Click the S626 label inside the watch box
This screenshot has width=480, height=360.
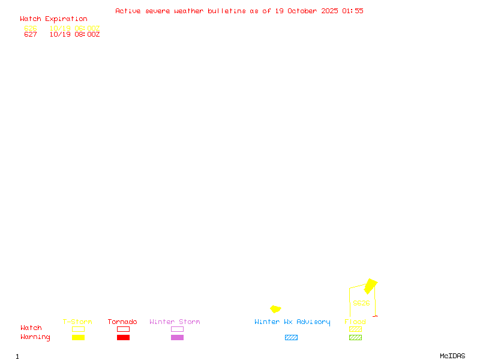[361, 303]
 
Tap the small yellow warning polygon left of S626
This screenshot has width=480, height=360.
[275, 309]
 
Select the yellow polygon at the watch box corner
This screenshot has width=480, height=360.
[371, 286]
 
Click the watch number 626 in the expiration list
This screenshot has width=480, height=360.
[31, 28]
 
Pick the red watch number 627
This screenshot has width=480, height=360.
[31, 34]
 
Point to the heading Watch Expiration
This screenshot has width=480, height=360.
[53, 19]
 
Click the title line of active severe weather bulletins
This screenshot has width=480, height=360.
[239, 11]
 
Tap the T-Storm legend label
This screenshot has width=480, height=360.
[77, 322]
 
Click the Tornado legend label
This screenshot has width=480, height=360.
[122, 322]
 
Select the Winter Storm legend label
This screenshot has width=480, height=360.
[175, 322]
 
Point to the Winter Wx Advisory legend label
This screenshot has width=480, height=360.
[292, 322]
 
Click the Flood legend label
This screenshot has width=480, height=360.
[355, 322]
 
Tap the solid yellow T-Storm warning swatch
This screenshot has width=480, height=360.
[78, 338]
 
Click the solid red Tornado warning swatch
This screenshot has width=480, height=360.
[123, 338]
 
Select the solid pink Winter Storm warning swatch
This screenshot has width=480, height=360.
[177, 338]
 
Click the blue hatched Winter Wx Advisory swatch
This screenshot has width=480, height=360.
[291, 338]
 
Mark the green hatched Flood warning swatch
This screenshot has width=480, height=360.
[355, 338]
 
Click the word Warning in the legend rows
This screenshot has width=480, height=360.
[35, 337]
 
